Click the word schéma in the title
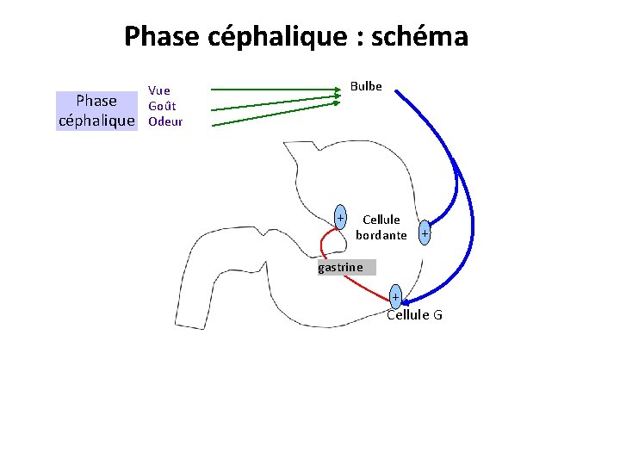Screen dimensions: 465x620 (426, 37)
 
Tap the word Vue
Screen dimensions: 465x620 (159, 90)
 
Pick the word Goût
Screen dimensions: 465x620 (162, 106)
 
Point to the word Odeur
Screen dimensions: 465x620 (165, 121)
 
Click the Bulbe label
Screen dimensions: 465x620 (366, 86)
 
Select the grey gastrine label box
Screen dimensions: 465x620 (346, 268)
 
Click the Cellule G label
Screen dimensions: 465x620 (414, 315)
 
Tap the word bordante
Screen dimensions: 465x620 (381, 235)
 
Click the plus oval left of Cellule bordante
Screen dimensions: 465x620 (341, 216)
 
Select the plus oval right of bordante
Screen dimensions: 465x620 (425, 232)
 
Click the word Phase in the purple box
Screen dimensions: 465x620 (96, 102)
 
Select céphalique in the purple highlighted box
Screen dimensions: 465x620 (96, 121)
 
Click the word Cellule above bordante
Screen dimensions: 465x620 (381, 220)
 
